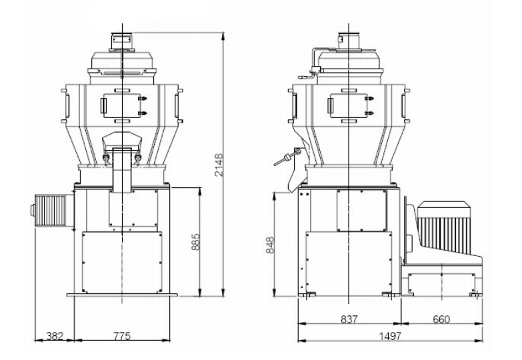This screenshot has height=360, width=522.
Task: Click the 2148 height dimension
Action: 219,165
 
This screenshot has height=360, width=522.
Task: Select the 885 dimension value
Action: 196,242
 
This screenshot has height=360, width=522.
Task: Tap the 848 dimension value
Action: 270,245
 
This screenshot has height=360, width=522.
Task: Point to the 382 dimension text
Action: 55,336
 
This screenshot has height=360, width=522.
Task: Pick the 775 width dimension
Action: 122,336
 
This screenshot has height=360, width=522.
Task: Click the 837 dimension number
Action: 349,319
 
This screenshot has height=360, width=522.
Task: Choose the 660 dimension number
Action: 441,319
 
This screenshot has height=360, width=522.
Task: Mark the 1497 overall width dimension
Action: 390,336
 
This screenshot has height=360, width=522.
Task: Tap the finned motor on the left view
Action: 52,211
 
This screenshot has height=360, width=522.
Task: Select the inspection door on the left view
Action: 122,105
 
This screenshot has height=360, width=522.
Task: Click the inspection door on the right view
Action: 349,105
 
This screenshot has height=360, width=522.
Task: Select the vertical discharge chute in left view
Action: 122,171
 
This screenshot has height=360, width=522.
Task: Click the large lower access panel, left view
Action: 122,263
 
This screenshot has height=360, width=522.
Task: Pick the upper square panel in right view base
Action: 361,211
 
